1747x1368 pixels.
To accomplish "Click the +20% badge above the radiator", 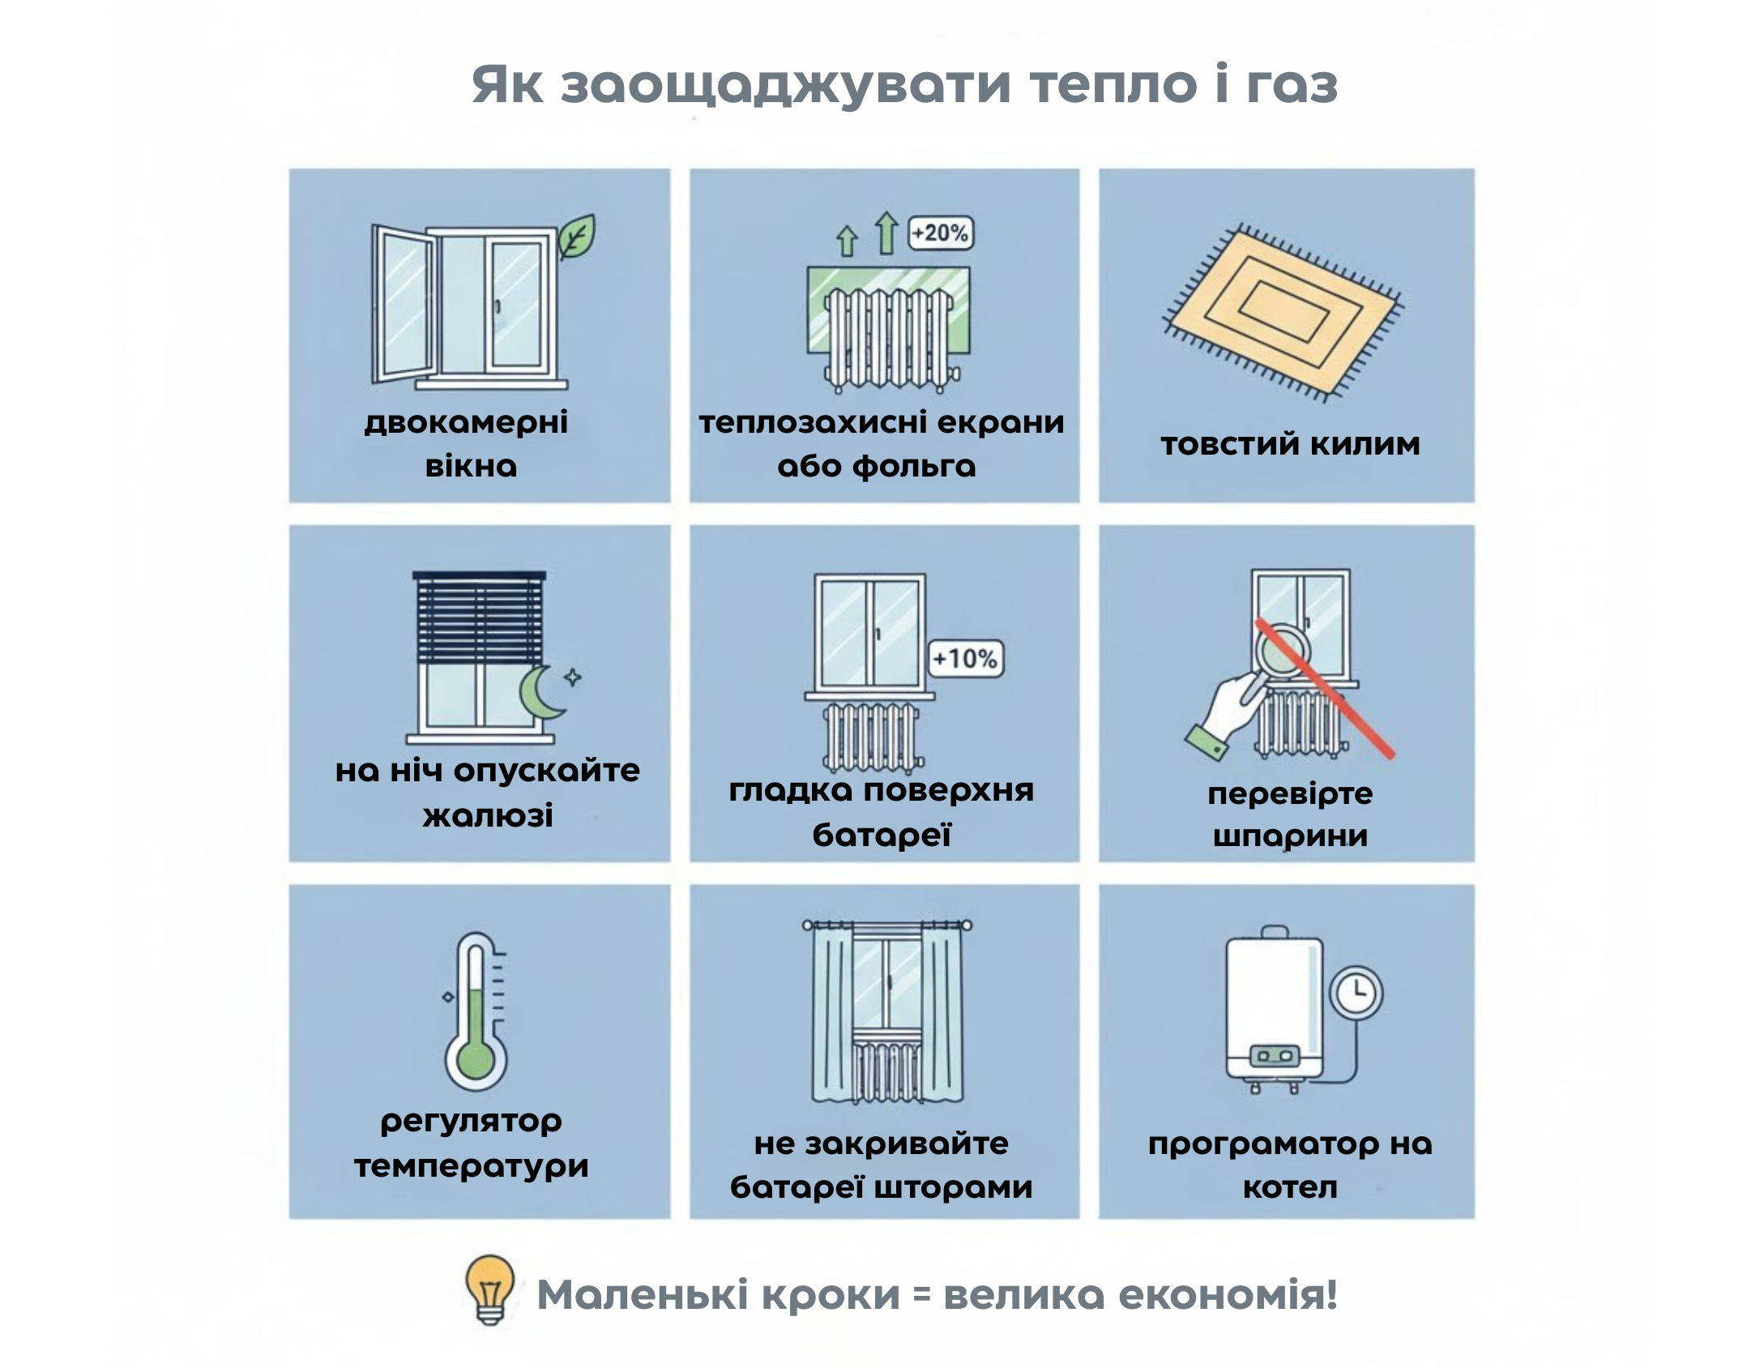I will tap(940, 233).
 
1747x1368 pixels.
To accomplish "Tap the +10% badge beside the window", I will tap(964, 658).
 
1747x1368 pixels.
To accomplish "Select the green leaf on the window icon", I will tap(576, 237).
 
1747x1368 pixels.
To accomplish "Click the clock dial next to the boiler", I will tap(1356, 992).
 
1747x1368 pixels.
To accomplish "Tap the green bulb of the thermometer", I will tap(475, 1061).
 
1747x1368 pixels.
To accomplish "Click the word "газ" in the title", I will tap(1292, 84).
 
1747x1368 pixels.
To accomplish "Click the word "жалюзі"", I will tap(488, 815).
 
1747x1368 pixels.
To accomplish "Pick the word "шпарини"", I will tap(1290, 836).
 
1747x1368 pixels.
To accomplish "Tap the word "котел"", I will tap(1290, 1187).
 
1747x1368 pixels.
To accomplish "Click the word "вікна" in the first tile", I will tap(471, 467).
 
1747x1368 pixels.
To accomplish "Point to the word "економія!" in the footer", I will tap(1227, 1294).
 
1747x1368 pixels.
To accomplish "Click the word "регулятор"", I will tap(471, 1122).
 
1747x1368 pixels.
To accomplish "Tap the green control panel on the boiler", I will tap(1274, 1057).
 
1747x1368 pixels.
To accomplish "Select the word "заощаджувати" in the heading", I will tap(786, 86).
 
